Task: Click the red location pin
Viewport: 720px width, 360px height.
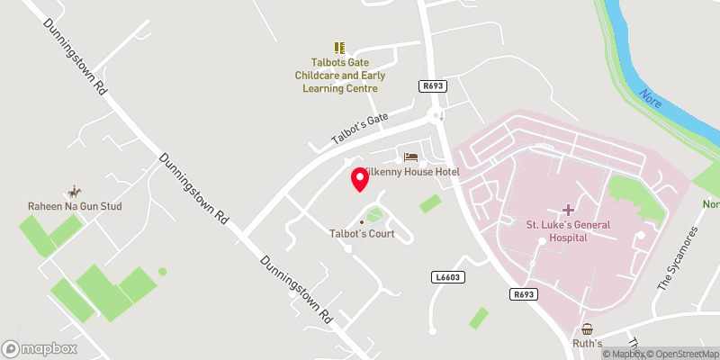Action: click(359, 178)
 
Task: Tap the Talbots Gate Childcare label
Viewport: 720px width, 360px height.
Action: click(339, 76)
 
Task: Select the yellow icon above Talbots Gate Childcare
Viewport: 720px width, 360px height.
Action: click(339, 47)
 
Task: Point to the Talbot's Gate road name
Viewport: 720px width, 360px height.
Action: click(359, 129)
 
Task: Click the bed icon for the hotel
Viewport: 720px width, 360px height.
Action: click(410, 157)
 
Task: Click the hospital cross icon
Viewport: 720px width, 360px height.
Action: click(568, 209)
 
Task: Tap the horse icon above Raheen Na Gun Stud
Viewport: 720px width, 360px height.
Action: click(73, 192)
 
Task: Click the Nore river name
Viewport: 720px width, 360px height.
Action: click(650, 98)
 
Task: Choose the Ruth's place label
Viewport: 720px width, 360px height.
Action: click(588, 344)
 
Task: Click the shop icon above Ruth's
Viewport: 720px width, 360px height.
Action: click(588, 329)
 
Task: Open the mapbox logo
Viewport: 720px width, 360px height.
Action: click(40, 348)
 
